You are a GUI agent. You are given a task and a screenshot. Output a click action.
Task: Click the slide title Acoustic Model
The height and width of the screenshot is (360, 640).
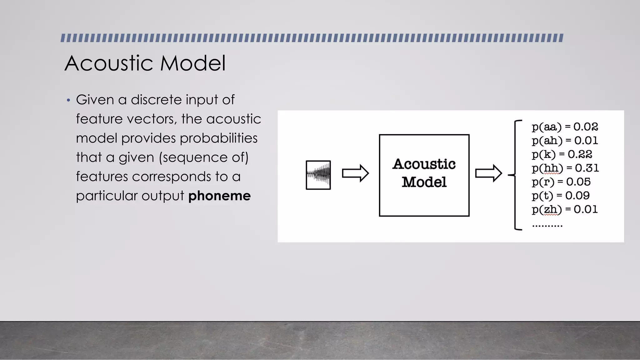pyautogui.click(x=145, y=63)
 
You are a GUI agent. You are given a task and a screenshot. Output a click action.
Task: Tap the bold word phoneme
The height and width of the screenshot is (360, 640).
pyautogui.click(x=219, y=196)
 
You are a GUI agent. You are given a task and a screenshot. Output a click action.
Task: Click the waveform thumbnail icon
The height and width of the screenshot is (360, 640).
pyautogui.click(x=318, y=175)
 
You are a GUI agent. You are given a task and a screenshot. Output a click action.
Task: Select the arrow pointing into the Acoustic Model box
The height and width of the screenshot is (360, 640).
pyautogui.click(x=355, y=173)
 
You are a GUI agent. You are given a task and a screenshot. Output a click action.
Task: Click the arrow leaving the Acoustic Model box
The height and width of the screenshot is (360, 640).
pyautogui.click(x=488, y=173)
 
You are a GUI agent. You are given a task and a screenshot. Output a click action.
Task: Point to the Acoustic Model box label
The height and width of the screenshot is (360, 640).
pyautogui.click(x=424, y=173)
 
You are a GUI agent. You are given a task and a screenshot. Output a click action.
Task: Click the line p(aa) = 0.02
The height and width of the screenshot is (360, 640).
pyautogui.click(x=565, y=127)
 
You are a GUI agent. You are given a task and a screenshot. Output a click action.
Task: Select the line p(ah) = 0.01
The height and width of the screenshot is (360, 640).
pyautogui.click(x=565, y=141)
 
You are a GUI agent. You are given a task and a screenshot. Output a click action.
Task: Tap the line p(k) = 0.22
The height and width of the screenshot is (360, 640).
pyautogui.click(x=562, y=154)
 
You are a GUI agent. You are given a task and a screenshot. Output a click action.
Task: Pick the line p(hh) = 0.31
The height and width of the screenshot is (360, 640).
pyautogui.click(x=565, y=168)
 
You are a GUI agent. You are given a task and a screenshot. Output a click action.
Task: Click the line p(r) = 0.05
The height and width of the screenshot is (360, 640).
pyautogui.click(x=561, y=182)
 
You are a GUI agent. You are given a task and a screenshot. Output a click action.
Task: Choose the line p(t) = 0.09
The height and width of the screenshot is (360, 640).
pyautogui.click(x=561, y=196)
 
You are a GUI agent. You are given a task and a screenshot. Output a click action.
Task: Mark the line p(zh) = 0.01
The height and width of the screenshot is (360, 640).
pyautogui.click(x=564, y=209)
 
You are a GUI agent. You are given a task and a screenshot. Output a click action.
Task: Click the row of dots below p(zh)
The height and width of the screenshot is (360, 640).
pyautogui.click(x=547, y=225)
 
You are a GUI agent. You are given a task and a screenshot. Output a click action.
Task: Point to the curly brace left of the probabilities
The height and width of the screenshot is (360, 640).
pyautogui.click(x=516, y=175)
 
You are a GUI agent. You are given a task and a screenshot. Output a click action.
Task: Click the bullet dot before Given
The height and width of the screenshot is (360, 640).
pyautogui.click(x=68, y=101)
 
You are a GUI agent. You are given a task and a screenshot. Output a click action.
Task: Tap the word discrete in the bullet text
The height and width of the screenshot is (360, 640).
pyautogui.click(x=156, y=100)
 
